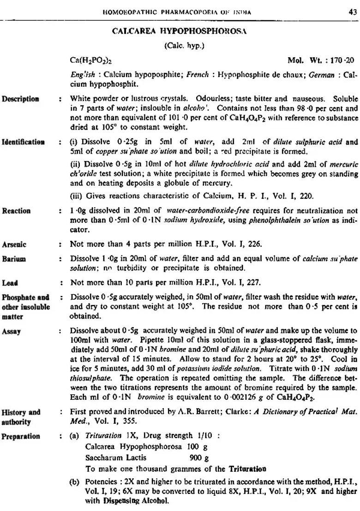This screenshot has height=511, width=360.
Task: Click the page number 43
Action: click(x=352, y=12)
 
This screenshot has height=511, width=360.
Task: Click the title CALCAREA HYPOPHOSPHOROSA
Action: click(x=180, y=31)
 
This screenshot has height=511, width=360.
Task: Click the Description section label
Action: click(x=20, y=99)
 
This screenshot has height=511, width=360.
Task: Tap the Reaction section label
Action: click(x=16, y=211)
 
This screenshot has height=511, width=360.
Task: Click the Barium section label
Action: click(x=14, y=259)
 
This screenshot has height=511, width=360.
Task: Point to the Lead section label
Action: click(x=10, y=283)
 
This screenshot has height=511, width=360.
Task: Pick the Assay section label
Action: click(x=11, y=331)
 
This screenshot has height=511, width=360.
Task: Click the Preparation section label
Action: click(x=21, y=436)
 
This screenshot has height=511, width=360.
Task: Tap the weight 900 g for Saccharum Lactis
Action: click(x=199, y=458)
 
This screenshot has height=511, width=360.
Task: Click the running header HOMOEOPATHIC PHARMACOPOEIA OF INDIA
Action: click(x=176, y=12)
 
